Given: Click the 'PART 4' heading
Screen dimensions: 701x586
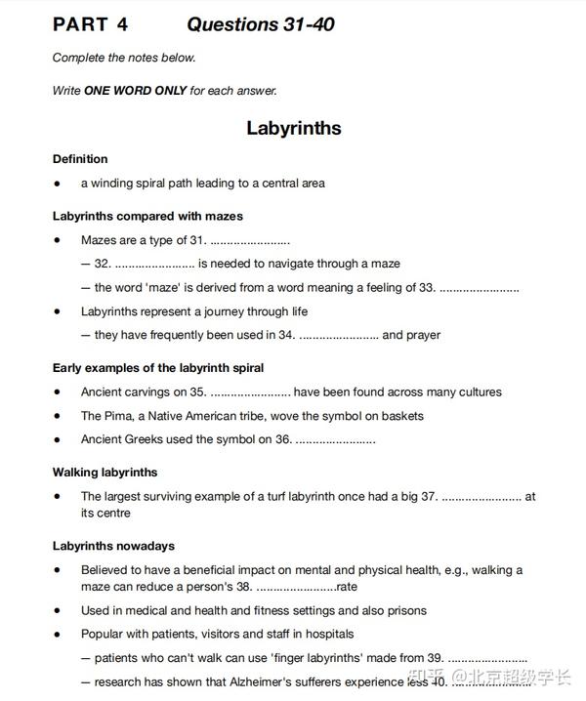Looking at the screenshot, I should [x=90, y=24].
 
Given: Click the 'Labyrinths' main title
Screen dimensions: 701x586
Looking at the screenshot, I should [x=293, y=128].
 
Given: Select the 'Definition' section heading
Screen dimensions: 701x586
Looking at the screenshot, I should [x=80, y=158].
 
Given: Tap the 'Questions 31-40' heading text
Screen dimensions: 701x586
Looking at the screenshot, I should [x=261, y=24].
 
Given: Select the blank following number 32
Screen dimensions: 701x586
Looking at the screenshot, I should [x=154, y=264].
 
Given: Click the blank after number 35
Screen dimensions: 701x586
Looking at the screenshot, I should [x=250, y=392].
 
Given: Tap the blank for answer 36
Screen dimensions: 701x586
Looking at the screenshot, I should [x=335, y=439].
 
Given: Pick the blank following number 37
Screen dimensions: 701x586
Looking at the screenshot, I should [x=481, y=497].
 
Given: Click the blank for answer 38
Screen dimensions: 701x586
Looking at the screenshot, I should [x=295, y=587].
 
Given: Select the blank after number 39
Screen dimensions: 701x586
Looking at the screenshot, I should [x=487, y=658].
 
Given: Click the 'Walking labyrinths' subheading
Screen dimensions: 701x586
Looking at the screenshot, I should [x=105, y=473].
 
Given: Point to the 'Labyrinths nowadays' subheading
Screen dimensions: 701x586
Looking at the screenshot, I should [x=113, y=546].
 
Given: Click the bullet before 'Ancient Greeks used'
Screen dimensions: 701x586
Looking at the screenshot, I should [x=58, y=440].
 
